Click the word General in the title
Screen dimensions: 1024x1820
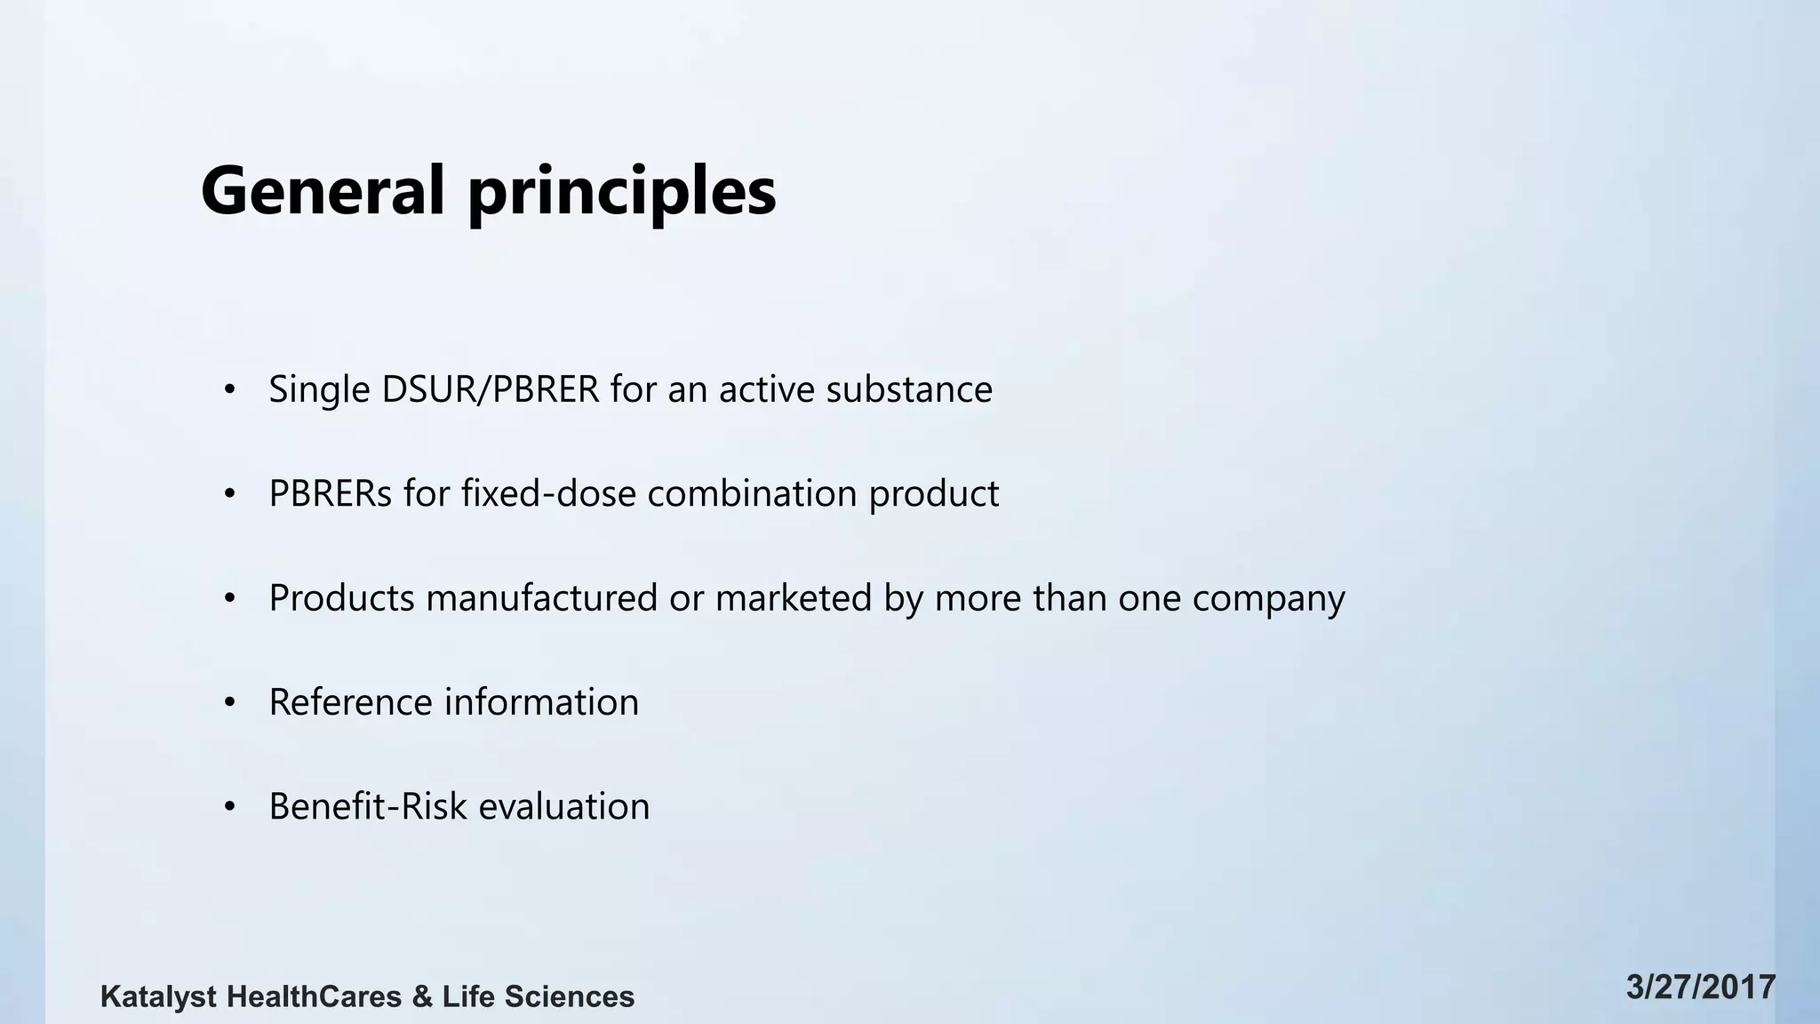(x=322, y=190)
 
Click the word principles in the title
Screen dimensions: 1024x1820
(x=621, y=192)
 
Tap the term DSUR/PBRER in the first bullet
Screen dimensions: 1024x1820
(x=490, y=389)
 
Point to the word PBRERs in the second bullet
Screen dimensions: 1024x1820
(x=330, y=493)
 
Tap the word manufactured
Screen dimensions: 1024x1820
(x=542, y=597)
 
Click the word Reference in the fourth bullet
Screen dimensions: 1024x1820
(x=350, y=702)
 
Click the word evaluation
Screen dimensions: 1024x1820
(x=564, y=806)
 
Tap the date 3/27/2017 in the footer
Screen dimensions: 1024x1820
(x=1701, y=988)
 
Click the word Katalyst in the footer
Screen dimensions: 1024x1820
(x=158, y=996)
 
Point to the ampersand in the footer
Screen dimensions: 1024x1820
(x=422, y=996)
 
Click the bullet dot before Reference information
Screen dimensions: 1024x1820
(x=230, y=703)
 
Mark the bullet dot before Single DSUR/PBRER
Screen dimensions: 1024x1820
(x=230, y=390)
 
